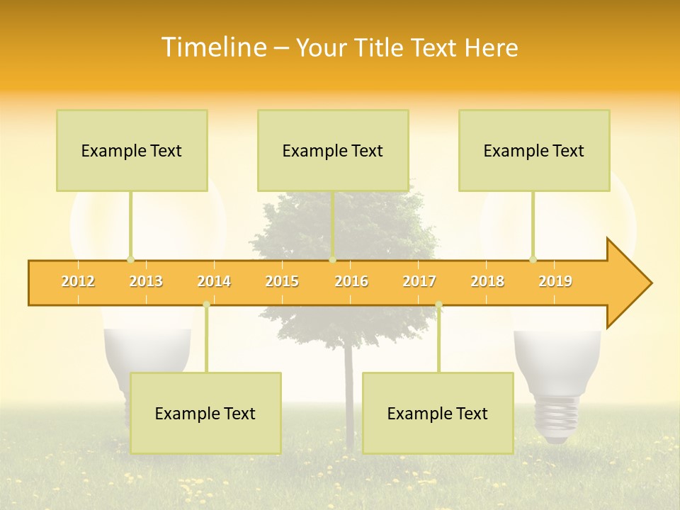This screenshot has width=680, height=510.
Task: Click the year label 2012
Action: [x=78, y=281]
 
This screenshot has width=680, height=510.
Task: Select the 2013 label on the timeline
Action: [x=146, y=281]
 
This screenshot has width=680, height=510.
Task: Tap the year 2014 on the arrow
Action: [x=214, y=281]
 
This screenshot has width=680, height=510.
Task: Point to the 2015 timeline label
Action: [x=282, y=281]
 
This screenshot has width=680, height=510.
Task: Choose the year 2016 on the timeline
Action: [x=351, y=281]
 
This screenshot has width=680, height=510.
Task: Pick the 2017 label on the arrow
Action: [x=419, y=281]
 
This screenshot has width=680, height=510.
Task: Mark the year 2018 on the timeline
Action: [x=487, y=281]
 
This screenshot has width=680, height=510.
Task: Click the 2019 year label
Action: [x=555, y=281]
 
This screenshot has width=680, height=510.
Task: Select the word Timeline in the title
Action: [x=213, y=47]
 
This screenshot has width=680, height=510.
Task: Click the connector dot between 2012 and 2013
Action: [x=130, y=259]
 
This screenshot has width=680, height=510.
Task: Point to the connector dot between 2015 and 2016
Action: [x=332, y=259]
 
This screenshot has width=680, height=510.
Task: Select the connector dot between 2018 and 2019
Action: [x=533, y=259]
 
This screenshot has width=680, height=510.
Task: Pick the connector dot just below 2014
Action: [x=206, y=305]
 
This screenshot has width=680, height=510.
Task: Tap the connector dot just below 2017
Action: [x=438, y=305]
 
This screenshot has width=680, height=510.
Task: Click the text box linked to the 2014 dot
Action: [x=205, y=413]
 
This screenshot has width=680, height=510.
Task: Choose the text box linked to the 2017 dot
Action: [x=438, y=413]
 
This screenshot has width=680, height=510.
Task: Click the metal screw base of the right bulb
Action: [x=556, y=418]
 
